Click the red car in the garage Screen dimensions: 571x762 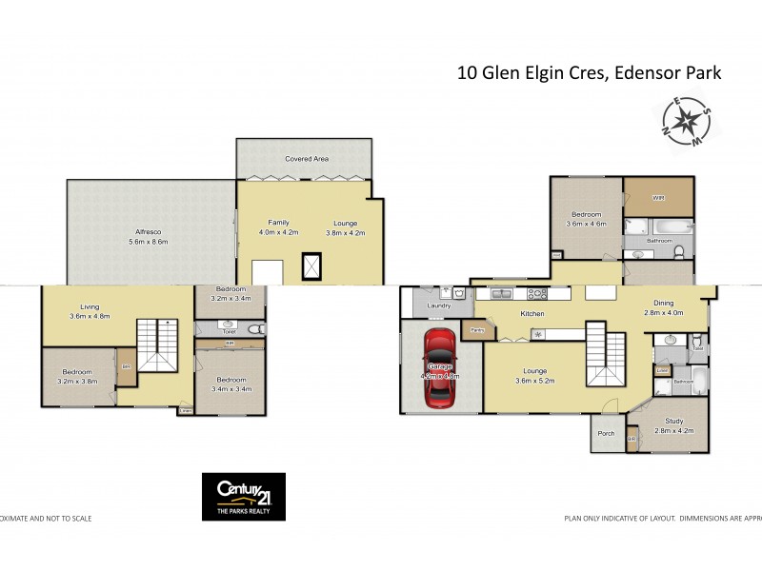pos(440,367)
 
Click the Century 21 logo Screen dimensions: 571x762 pos(243,496)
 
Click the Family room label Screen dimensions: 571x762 pos(279,226)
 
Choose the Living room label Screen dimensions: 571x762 pos(90,311)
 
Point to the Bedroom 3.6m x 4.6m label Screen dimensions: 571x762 pos(586,220)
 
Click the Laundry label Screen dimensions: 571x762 pos(439,306)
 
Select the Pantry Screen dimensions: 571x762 pos(473,330)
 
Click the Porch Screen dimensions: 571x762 pos(604,433)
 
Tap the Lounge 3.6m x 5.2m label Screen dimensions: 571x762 pos(534,377)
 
